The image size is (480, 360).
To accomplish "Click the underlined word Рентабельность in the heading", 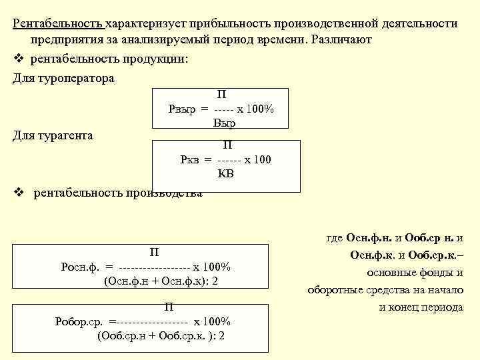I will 58,24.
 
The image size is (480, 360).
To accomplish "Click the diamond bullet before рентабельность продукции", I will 19,59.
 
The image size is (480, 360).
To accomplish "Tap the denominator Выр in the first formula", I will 225,123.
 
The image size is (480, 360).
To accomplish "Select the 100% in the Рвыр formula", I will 259,109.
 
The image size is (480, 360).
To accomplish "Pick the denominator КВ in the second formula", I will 226,174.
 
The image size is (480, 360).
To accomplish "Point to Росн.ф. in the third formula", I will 79,267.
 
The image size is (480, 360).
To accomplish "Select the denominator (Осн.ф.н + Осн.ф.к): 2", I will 161,281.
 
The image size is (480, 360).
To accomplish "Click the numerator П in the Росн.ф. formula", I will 154,252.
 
